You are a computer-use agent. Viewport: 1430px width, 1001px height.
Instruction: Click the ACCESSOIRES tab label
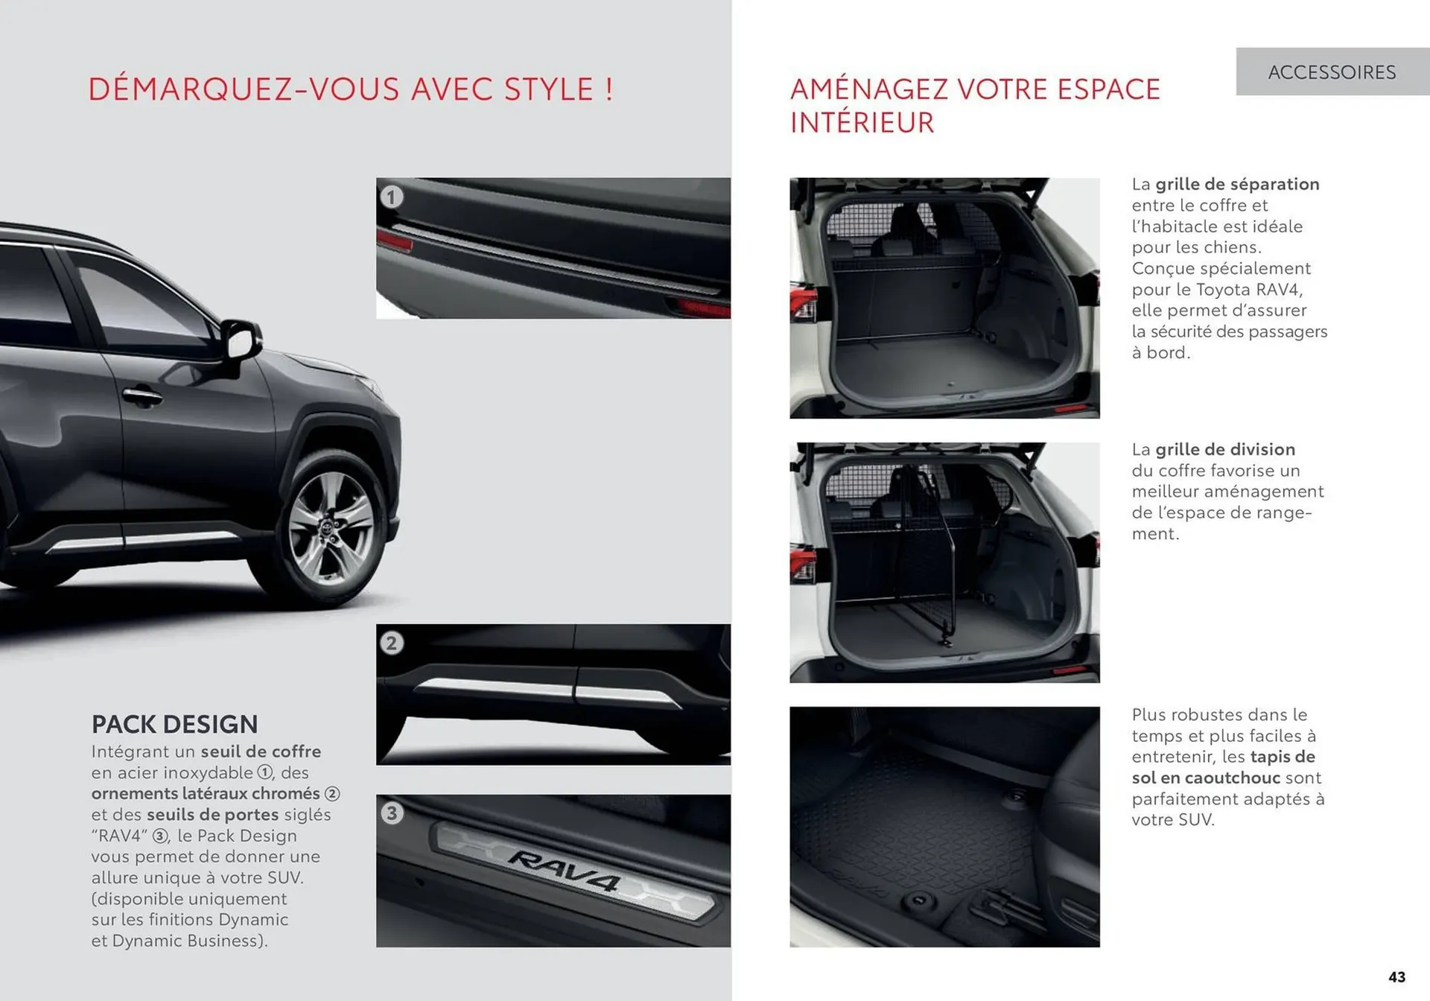pos(1332,72)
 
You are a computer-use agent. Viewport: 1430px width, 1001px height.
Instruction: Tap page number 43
pos(1396,977)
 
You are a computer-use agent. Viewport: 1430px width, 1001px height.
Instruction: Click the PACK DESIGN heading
pos(174,724)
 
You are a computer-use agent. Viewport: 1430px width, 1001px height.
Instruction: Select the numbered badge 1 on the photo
pos(392,197)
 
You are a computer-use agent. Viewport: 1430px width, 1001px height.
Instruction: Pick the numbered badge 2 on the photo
pos(392,643)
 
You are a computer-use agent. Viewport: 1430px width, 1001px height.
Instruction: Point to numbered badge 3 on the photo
pos(392,813)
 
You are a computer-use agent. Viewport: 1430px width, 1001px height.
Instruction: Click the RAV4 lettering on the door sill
pos(564,870)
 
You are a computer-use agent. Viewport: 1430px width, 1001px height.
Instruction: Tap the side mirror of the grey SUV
pos(241,340)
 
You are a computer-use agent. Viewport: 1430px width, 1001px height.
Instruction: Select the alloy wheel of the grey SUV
pos(332,527)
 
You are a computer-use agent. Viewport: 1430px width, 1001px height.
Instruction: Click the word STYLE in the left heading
pos(548,89)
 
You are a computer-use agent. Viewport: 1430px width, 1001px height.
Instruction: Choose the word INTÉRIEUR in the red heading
pos(862,123)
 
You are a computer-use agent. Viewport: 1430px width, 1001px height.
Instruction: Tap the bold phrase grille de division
pos(1225,449)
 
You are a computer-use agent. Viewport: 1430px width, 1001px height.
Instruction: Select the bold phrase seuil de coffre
pos(261,751)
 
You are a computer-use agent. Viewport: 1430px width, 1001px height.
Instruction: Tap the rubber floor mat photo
pos(944,827)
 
